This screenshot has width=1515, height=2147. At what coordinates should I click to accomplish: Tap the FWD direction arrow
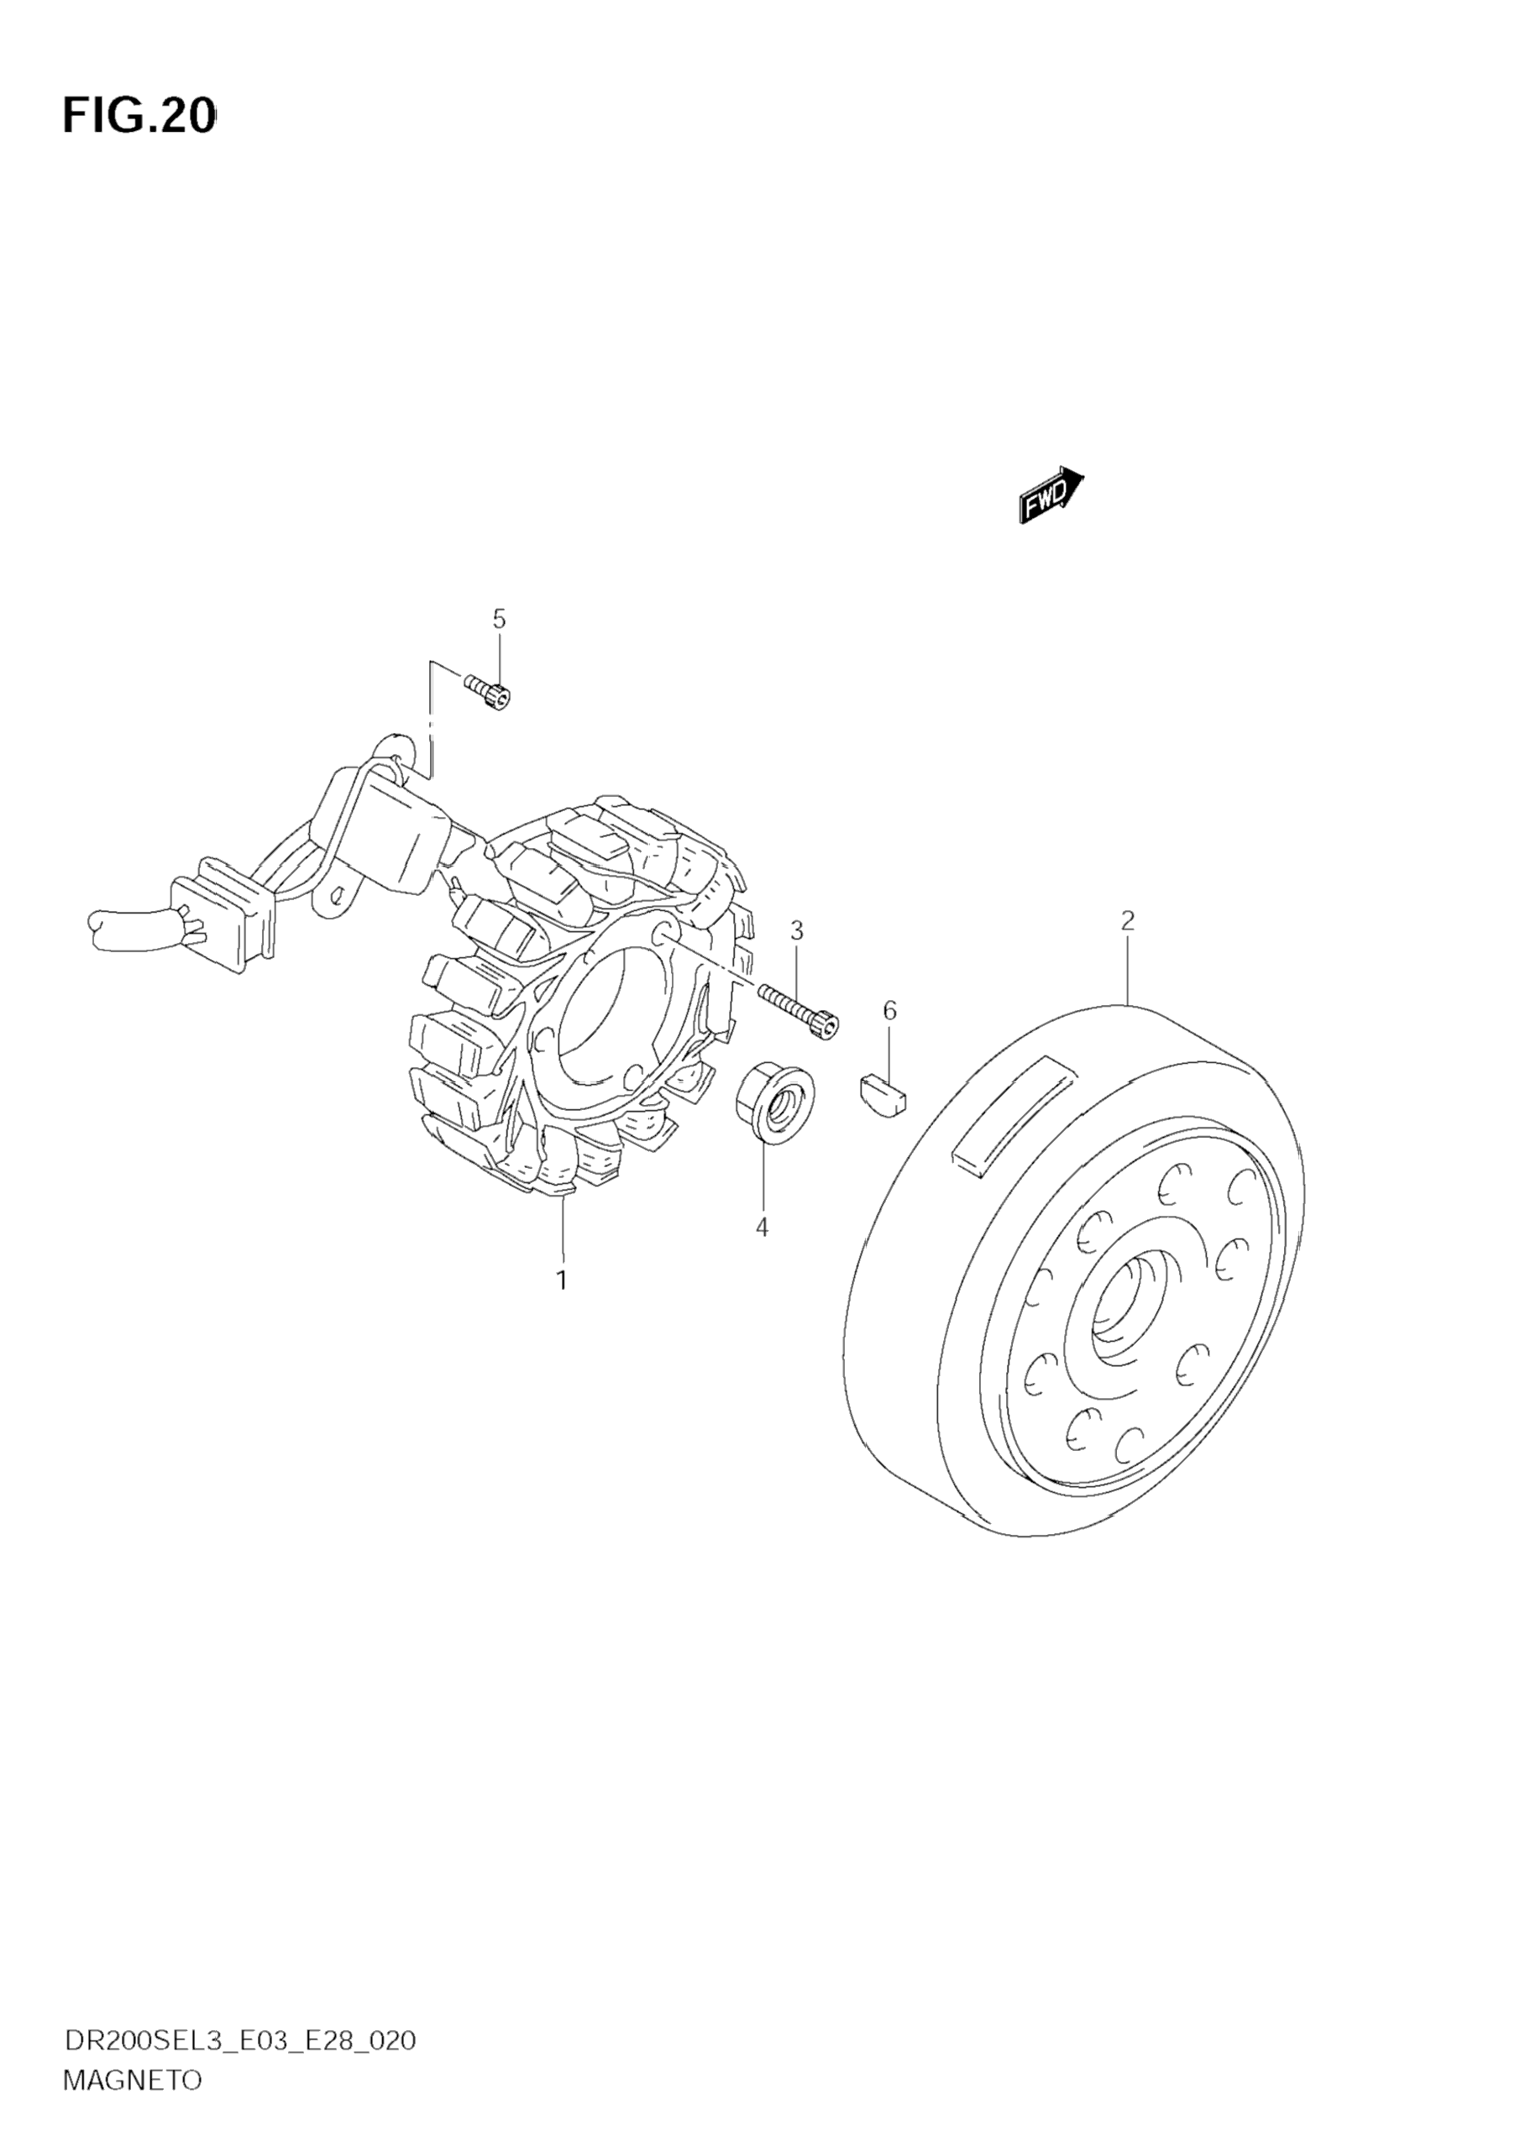click(x=1051, y=495)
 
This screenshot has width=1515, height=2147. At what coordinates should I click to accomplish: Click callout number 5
click(x=499, y=619)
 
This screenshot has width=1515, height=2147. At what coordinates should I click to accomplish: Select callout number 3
click(x=796, y=930)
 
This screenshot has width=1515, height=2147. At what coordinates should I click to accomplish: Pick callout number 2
click(x=1128, y=920)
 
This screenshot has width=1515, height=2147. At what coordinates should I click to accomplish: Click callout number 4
click(x=763, y=1228)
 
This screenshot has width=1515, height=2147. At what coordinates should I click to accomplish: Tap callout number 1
click(x=561, y=1280)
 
